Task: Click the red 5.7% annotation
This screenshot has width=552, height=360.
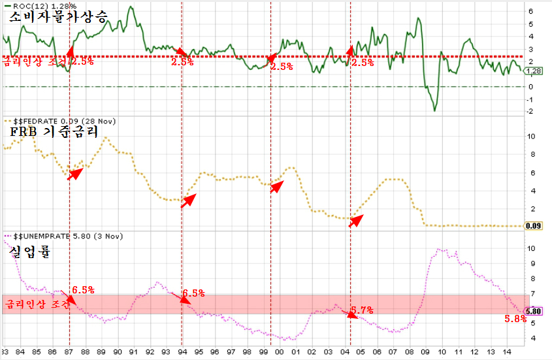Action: (x=361, y=310)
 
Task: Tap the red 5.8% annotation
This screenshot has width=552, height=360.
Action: (x=515, y=319)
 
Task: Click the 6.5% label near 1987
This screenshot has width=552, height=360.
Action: (x=83, y=289)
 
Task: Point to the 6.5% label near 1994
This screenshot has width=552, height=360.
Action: (x=193, y=293)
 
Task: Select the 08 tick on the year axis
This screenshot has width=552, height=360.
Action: (x=408, y=352)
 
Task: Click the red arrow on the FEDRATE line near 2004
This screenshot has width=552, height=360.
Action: (x=355, y=221)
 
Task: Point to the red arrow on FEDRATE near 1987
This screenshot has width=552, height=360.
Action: (x=76, y=173)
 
